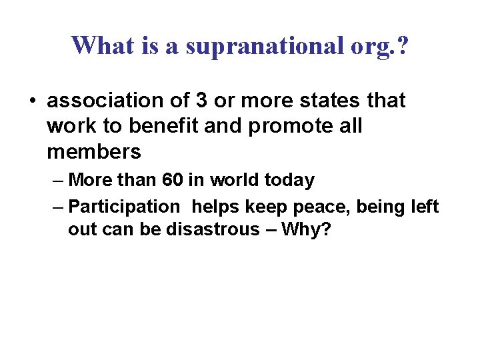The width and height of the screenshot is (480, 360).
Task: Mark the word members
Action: pos(94,151)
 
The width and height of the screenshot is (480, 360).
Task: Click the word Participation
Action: pos(124,207)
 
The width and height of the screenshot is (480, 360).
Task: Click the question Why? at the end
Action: pos(307,229)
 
